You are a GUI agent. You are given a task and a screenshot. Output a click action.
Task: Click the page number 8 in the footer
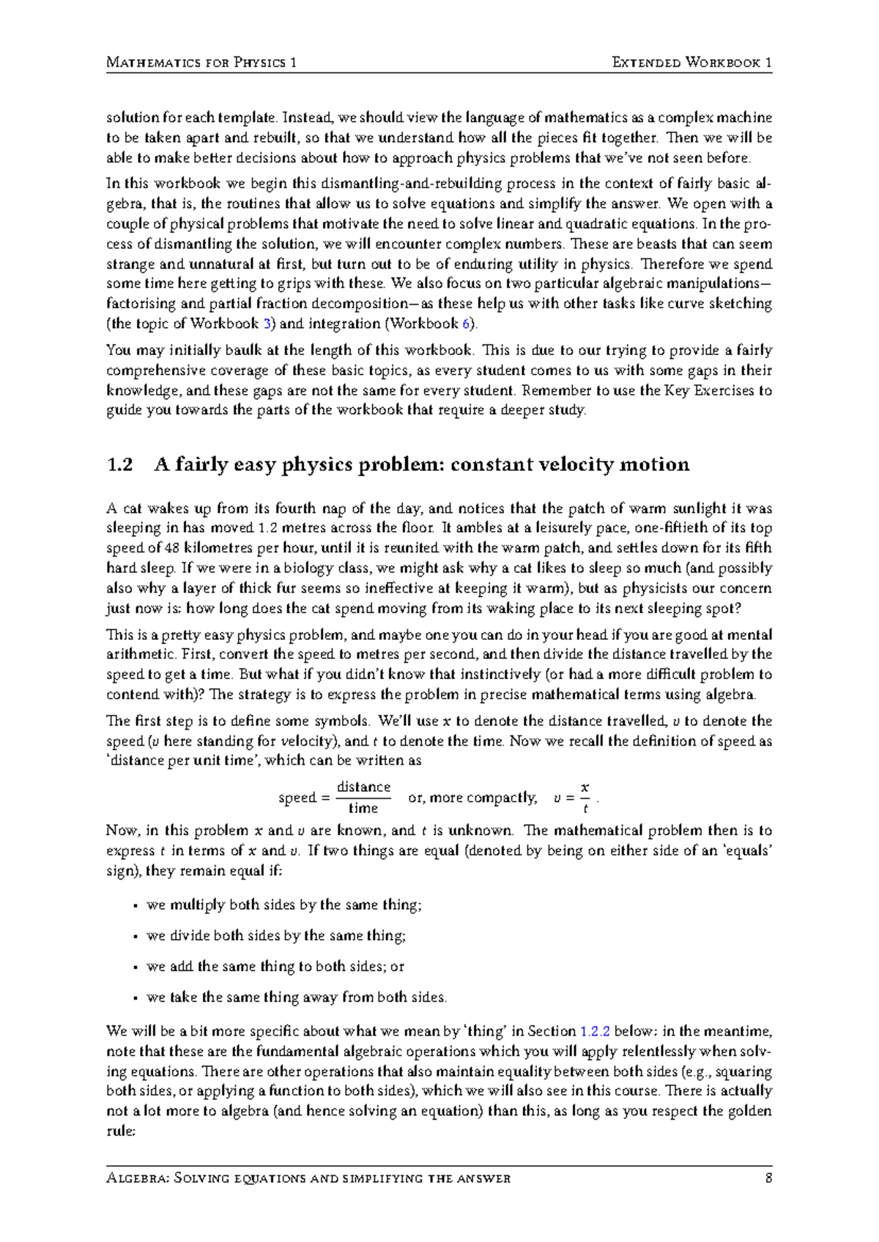(768, 1178)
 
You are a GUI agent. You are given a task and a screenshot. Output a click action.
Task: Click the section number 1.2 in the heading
(119, 464)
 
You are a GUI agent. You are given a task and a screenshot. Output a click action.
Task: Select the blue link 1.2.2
(595, 1031)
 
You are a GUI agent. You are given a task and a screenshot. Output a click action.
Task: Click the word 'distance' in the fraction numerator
(363, 787)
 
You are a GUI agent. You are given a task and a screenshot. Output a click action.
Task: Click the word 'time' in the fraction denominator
(363, 808)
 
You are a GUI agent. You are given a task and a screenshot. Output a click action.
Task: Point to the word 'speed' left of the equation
(297, 797)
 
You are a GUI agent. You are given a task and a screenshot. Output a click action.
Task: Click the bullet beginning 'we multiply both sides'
(284, 905)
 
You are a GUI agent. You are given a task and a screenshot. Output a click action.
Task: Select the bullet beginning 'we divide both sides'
(276, 936)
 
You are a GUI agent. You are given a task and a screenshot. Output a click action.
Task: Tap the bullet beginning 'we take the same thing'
(296, 997)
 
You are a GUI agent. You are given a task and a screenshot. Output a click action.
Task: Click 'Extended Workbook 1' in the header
(691, 62)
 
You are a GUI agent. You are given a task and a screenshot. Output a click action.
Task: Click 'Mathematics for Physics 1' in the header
(201, 62)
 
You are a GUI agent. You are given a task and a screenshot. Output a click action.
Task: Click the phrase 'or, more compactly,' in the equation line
(472, 797)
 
